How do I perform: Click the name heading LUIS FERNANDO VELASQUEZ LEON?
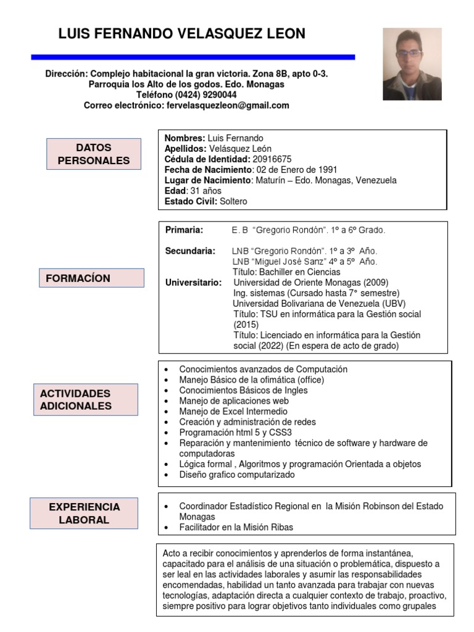pos(181,34)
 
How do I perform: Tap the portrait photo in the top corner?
pos(412,64)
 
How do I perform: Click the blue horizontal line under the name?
pos(193,57)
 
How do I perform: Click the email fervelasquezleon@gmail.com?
pos(227,106)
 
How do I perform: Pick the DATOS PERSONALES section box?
pos(94,154)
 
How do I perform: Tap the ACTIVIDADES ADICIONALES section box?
pos(86,399)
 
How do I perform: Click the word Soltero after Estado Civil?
pos(233,201)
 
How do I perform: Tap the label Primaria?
pos(184,230)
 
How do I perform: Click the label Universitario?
pos(193,283)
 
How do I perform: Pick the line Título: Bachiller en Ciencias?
pos(286,272)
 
